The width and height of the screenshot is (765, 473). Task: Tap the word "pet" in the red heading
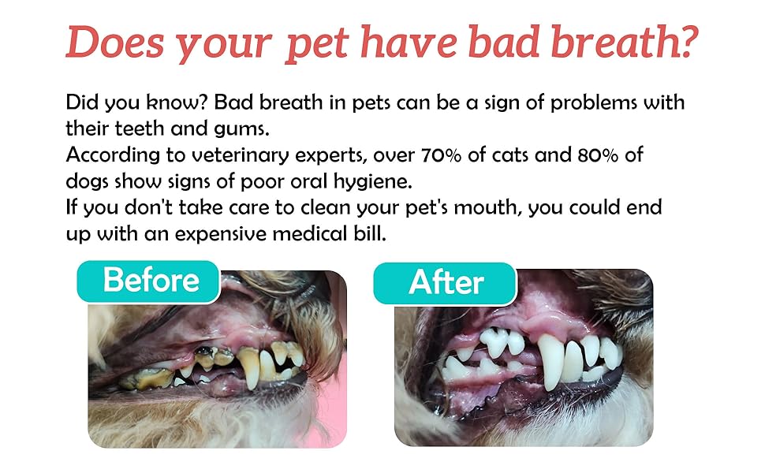(316, 46)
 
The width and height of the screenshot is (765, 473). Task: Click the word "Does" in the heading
(115, 43)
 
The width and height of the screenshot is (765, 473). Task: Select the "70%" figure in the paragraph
(441, 155)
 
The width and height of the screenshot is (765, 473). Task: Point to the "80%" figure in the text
(598, 155)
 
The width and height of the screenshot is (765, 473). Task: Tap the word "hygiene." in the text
(373, 182)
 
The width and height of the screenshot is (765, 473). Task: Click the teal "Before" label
(148, 281)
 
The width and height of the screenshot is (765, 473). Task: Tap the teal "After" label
(445, 283)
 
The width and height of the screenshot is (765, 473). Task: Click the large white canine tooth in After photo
(551, 361)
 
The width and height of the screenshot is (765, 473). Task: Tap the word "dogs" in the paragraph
(87, 182)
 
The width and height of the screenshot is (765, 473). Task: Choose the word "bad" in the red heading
(503, 42)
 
